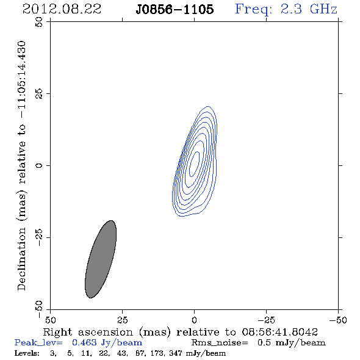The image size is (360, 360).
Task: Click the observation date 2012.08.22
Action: (x=62, y=9)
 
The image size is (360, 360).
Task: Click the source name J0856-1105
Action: (x=175, y=9)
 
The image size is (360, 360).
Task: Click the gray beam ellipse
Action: (x=101, y=259)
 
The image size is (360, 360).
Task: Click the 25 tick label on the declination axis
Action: (x=39, y=94)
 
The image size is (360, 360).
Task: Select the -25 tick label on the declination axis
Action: (x=39, y=237)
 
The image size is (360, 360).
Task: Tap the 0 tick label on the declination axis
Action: (x=39, y=165)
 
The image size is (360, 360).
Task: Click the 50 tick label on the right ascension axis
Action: (x=50, y=320)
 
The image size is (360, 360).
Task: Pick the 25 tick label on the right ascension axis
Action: (x=122, y=320)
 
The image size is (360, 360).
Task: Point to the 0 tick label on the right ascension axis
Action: (x=194, y=320)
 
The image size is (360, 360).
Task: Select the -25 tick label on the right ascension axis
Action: (x=266, y=320)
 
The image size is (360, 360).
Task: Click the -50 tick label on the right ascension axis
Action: (x=338, y=320)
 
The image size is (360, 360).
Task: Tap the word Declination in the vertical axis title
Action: (x=21, y=259)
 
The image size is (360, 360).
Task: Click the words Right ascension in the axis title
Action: (x=88, y=332)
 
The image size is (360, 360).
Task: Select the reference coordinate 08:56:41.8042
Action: (x=279, y=332)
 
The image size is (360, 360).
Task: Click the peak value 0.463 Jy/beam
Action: (x=107, y=343)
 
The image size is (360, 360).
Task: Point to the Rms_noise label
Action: (x=220, y=343)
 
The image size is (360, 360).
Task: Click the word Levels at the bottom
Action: (x=27, y=353)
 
